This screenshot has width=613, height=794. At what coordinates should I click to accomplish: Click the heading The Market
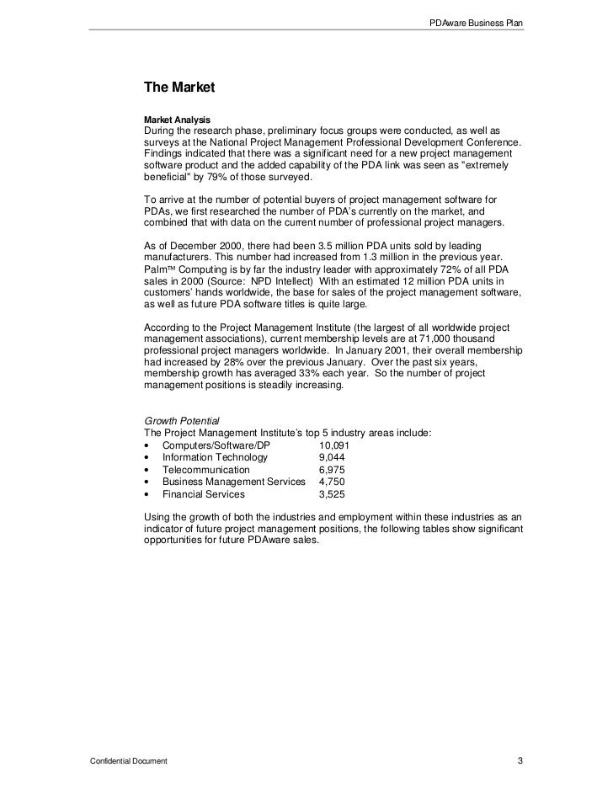coord(180,87)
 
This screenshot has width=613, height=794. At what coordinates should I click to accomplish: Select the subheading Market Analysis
coord(177,120)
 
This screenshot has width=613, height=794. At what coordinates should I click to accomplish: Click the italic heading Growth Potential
coord(182,421)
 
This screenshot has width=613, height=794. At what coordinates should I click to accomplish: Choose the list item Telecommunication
coord(206,470)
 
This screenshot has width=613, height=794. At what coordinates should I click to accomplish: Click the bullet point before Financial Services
coord(148,494)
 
